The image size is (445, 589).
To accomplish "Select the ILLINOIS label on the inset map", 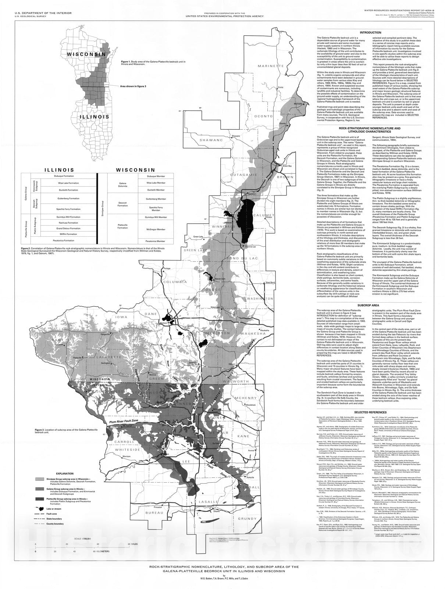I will [95, 117].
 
